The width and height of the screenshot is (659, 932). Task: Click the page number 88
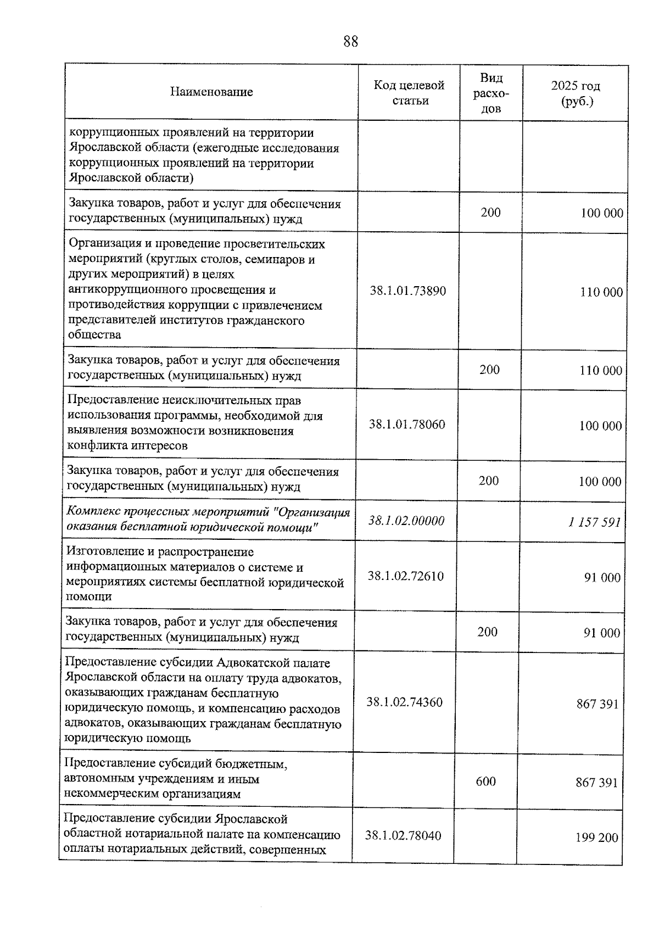[x=350, y=41]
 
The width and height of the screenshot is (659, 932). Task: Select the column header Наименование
[x=211, y=92]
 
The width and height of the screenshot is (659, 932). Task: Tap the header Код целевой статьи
[x=409, y=93]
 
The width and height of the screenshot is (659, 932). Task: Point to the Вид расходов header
[x=491, y=93]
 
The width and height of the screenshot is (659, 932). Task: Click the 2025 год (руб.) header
[x=575, y=93]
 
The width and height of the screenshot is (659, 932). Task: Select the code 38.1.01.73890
[x=407, y=291]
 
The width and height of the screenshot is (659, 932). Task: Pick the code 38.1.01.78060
[x=407, y=425]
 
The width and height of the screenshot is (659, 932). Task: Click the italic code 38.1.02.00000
[x=406, y=521]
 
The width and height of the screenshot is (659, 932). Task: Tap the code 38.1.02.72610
[x=406, y=576]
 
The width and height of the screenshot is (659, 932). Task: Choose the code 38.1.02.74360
[x=405, y=702]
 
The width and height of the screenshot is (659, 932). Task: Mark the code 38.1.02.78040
[x=403, y=835]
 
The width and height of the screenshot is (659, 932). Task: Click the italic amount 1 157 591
[x=595, y=522]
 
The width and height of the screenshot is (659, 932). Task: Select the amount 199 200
[x=597, y=838]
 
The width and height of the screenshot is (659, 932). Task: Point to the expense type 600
[x=486, y=781]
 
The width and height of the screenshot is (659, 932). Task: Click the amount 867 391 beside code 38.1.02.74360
[x=597, y=704]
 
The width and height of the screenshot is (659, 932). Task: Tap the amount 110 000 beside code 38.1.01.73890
[x=601, y=292]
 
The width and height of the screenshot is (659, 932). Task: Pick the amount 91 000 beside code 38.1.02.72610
[x=602, y=578]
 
